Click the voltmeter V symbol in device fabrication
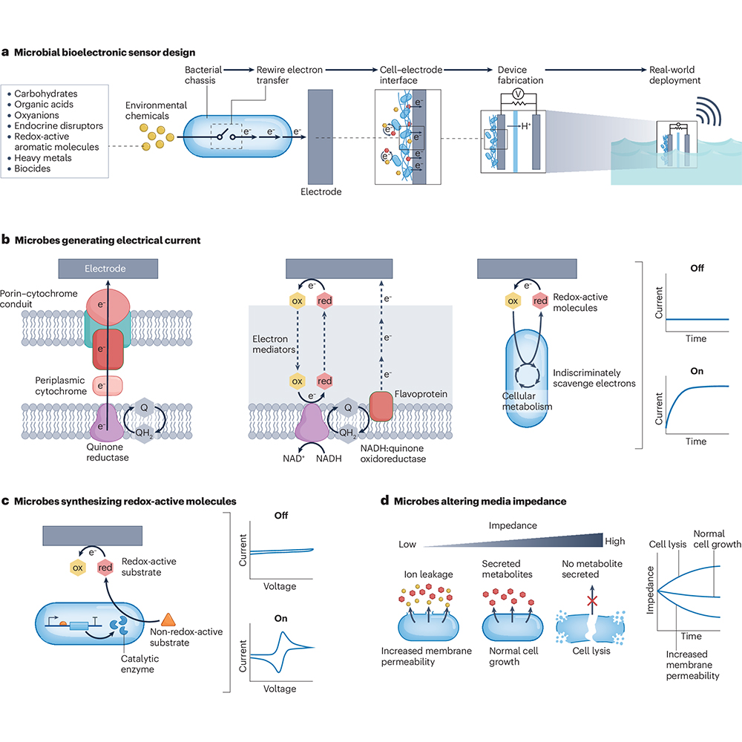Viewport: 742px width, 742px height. click(x=518, y=93)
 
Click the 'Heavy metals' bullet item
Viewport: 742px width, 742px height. click(x=42, y=157)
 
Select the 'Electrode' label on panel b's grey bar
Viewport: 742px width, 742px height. click(x=105, y=269)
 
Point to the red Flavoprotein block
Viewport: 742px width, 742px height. click(x=381, y=406)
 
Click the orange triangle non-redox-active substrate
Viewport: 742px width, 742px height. click(x=168, y=620)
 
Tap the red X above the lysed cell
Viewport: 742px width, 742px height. click(x=592, y=601)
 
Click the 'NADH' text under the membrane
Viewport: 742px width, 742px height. click(x=329, y=458)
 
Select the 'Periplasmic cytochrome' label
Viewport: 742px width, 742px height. click(x=61, y=386)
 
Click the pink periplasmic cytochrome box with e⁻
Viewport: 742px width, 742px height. click(x=107, y=386)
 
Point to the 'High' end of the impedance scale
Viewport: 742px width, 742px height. click(x=614, y=541)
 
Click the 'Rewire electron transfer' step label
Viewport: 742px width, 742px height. click(x=289, y=75)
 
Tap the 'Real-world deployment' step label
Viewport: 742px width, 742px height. click(x=674, y=75)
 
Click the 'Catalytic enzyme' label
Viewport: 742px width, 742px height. click(x=139, y=663)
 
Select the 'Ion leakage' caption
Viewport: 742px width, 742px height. click(x=428, y=574)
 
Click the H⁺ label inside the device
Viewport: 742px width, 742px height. click(x=526, y=126)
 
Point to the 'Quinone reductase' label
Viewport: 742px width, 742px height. click(x=108, y=452)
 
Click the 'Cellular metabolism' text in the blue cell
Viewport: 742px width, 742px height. click(x=527, y=401)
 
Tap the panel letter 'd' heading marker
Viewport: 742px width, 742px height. click(x=384, y=500)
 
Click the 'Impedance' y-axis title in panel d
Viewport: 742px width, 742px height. click(x=650, y=590)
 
